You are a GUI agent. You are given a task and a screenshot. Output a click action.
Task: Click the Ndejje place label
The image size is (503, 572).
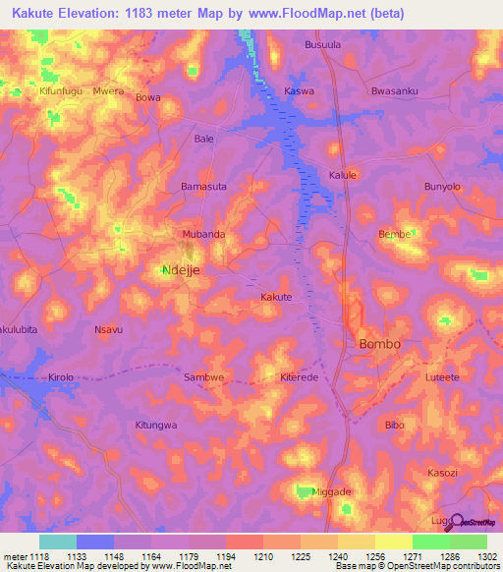pos(180,269)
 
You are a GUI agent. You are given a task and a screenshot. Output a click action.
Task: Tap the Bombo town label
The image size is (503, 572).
pos(379,344)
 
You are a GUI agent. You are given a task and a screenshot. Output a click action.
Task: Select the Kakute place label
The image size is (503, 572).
pos(276,296)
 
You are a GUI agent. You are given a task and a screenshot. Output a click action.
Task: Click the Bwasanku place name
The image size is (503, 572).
pos(395,91)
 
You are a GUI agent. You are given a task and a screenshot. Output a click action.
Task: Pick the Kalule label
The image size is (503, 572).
pos(342,175)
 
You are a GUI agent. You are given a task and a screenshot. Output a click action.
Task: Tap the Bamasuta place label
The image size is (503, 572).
pos(204,186)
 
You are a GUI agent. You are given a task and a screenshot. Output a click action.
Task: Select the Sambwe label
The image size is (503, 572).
pos(205,376)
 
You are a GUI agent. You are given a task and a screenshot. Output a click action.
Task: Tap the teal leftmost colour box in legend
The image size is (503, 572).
pos(57,542)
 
